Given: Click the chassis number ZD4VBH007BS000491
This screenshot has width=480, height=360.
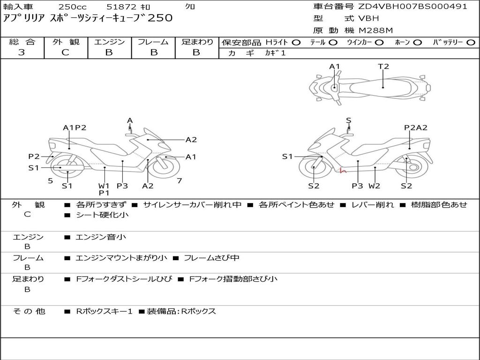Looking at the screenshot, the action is (x=412, y=7).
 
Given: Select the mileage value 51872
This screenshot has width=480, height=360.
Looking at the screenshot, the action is (x=121, y=7).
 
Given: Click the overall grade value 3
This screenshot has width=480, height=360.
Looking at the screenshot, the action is (x=22, y=52).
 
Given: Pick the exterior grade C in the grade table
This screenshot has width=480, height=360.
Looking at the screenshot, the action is (x=65, y=52).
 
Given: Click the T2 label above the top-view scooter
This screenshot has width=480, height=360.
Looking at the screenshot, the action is (x=383, y=67).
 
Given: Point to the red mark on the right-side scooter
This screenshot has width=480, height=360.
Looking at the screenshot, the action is (x=343, y=171).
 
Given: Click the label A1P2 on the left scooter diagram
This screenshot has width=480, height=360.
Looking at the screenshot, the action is (x=75, y=127).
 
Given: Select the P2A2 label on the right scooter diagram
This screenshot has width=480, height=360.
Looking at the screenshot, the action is (x=416, y=127).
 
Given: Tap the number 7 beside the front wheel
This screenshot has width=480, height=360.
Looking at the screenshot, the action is (x=180, y=181).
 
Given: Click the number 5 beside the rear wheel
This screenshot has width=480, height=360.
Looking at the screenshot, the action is (x=51, y=181).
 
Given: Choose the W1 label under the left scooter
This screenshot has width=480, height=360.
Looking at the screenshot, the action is (x=104, y=186).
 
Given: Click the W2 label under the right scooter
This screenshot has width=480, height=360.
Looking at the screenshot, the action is (x=375, y=186).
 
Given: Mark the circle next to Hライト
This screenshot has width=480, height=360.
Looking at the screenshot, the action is (x=296, y=43).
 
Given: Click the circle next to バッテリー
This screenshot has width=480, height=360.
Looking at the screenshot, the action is (x=471, y=43).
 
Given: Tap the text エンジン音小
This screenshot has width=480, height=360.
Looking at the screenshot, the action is (x=101, y=237).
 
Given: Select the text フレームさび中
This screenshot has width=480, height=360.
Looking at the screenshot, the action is (x=211, y=258).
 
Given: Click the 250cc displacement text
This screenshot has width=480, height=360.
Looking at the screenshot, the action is (x=73, y=7).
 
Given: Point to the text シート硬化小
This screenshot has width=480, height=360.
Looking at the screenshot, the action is (x=102, y=215).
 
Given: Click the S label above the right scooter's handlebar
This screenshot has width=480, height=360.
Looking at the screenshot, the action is (x=348, y=120).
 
